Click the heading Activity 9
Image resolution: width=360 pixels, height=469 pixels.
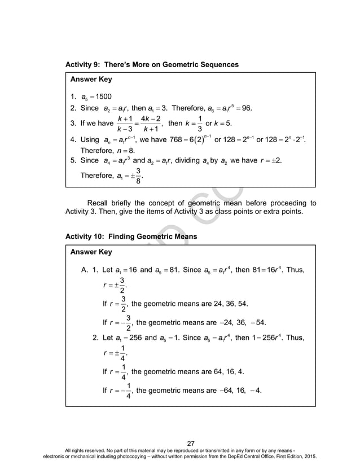152,65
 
